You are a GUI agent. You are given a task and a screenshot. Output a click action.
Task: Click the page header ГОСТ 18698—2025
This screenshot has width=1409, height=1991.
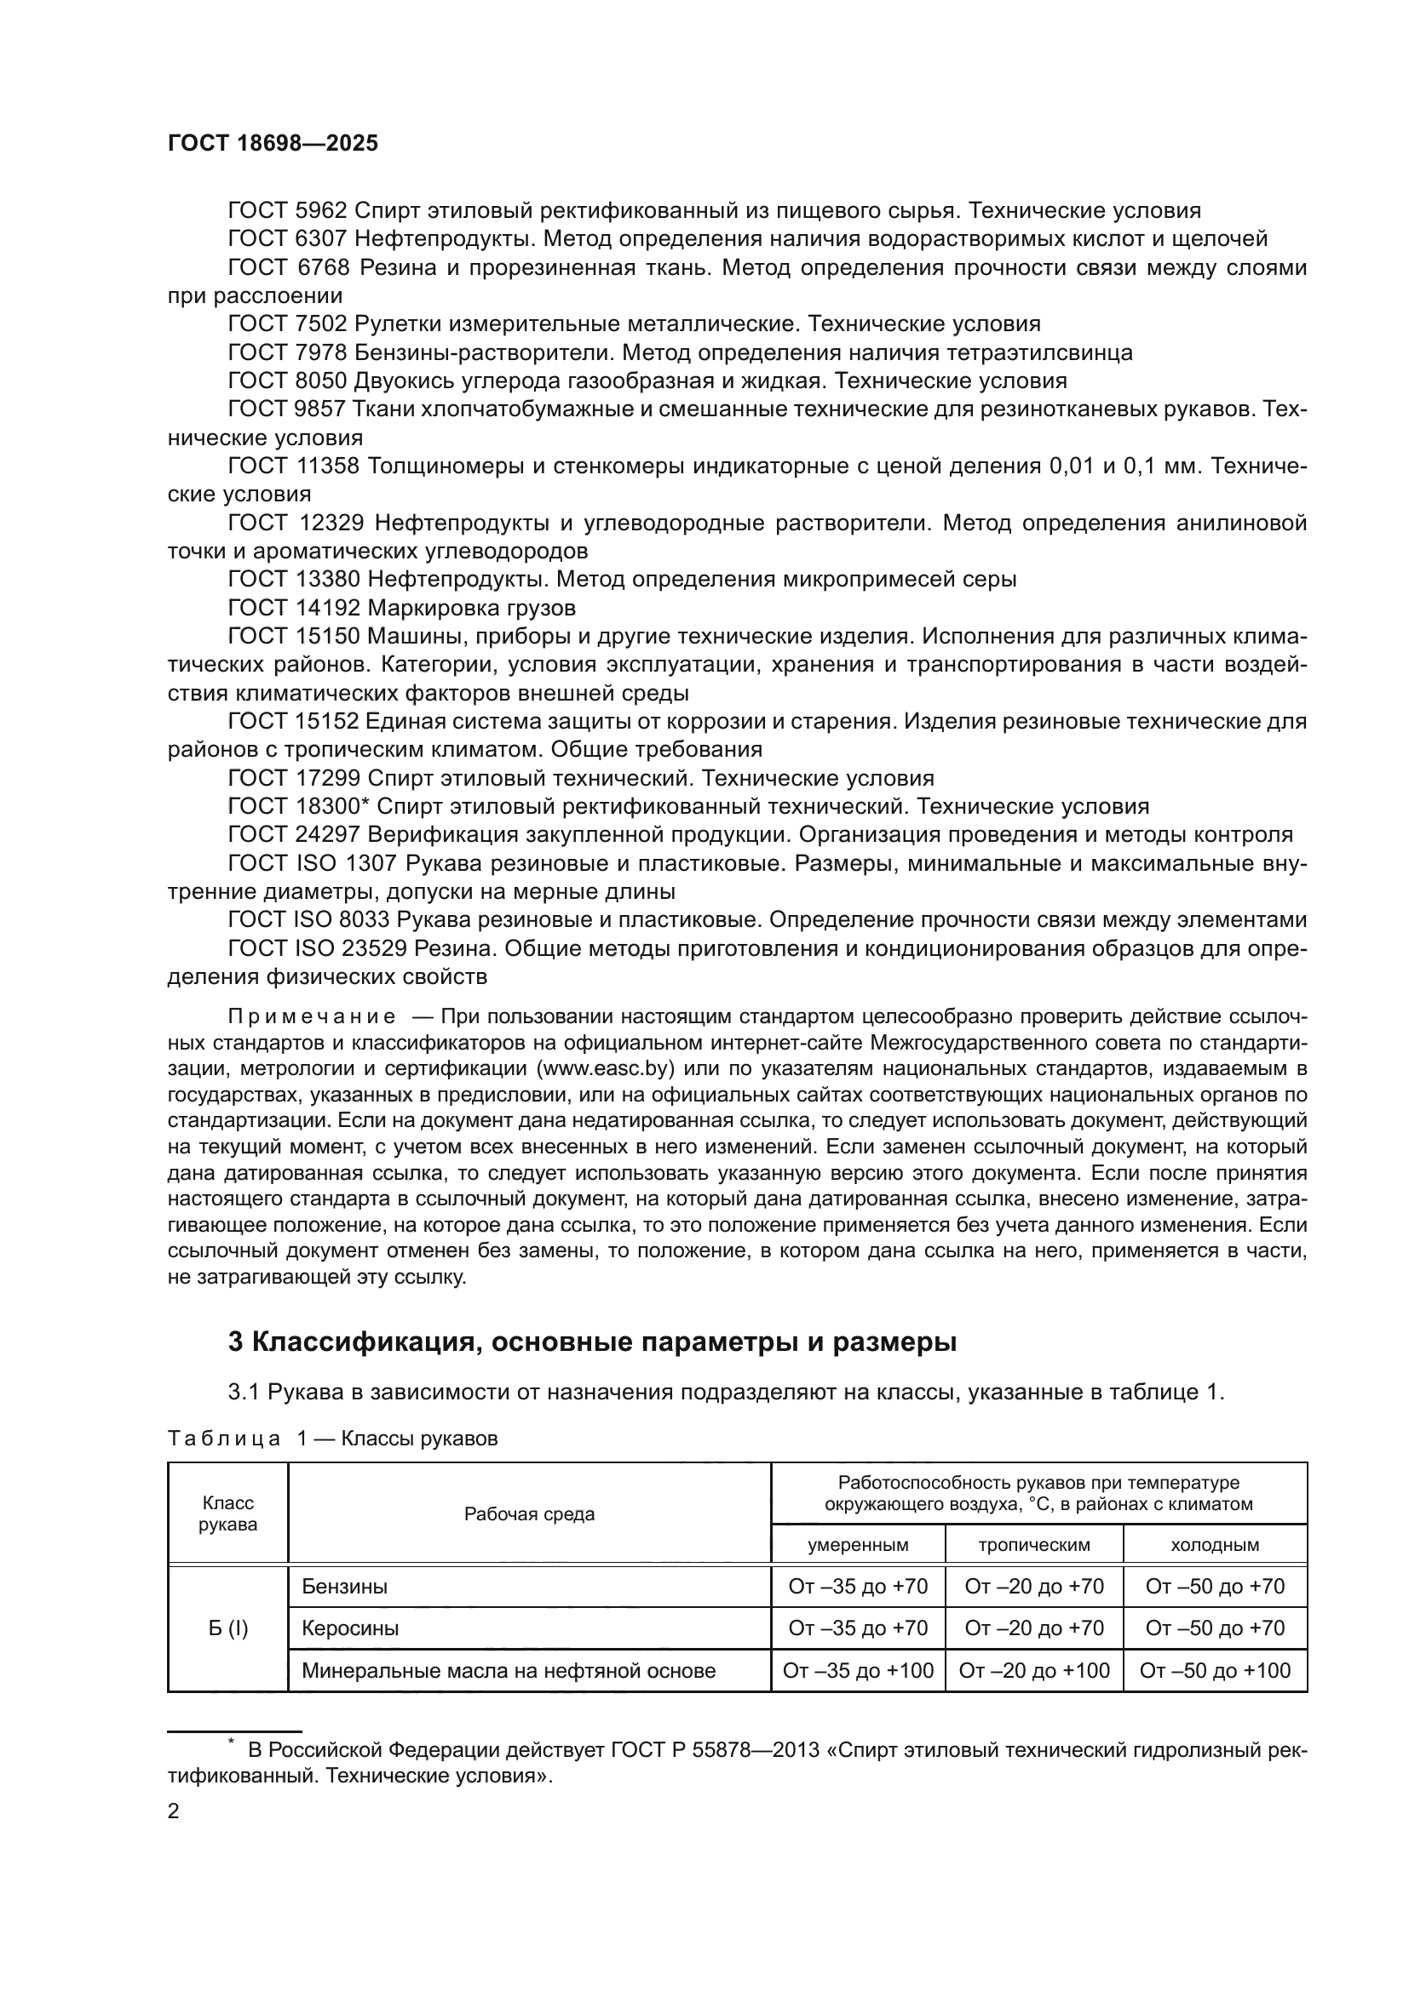pos(273,144)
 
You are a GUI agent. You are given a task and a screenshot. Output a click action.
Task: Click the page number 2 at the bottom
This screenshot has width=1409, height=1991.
pos(174,1811)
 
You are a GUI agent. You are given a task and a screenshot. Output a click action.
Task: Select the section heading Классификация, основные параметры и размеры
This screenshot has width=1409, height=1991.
pos(592,1342)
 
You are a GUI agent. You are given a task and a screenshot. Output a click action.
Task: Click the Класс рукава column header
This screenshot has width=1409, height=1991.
pos(227,1513)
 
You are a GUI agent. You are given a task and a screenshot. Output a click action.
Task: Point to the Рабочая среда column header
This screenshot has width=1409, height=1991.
pos(529,1514)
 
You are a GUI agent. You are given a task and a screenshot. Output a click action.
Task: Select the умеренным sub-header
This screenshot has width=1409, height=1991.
pos(858,1544)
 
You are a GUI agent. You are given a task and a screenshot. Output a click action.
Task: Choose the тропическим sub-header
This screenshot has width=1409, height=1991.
pos(1034,1544)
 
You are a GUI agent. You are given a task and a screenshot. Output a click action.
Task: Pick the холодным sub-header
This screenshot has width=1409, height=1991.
pos(1215,1544)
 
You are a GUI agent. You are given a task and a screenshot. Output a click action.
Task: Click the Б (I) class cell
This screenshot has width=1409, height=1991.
pos(227,1628)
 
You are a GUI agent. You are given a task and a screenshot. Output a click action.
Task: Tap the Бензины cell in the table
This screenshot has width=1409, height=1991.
pos(344,1586)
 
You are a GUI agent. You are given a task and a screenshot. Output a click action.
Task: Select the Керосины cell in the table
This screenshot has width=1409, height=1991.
pos(350,1628)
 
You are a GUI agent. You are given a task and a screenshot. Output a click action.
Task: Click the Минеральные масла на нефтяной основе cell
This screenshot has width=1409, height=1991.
pos(509,1670)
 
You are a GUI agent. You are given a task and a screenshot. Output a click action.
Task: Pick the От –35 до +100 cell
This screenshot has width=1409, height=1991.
pos(858,1670)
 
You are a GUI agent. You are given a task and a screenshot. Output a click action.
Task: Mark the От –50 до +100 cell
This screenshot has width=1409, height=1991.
pos(1215,1670)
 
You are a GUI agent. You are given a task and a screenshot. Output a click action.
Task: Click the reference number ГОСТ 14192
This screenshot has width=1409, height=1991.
pos(293,608)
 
